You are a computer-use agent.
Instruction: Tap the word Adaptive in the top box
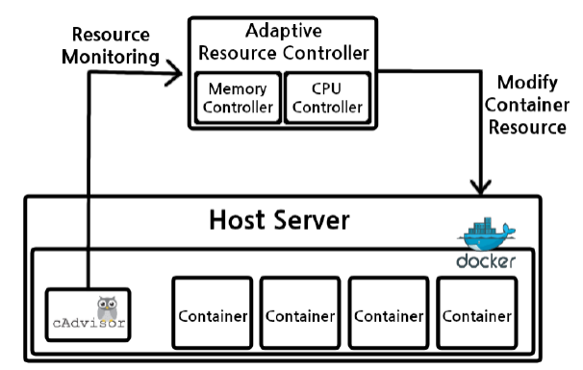click(283, 30)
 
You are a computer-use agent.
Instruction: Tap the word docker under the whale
click(487, 260)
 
